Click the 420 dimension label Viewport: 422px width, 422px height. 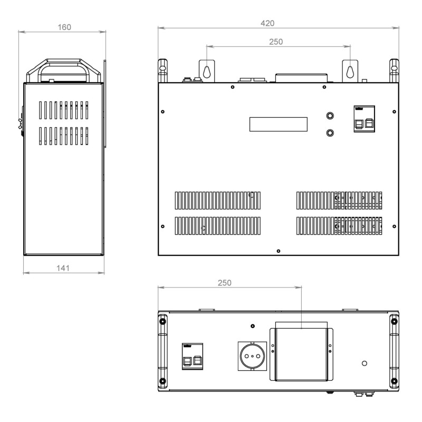click(x=267, y=23)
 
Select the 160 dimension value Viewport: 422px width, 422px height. click(x=64, y=27)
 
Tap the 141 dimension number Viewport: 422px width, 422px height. click(x=63, y=268)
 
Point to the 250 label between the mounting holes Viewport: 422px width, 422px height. click(x=276, y=42)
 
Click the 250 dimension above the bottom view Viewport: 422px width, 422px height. click(x=225, y=283)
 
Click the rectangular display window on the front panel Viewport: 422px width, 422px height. click(x=279, y=124)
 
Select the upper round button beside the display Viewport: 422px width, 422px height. click(x=330, y=116)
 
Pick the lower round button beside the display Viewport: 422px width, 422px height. click(x=330, y=133)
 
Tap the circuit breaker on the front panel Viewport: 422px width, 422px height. click(x=364, y=119)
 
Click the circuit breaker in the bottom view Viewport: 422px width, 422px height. click(x=193, y=357)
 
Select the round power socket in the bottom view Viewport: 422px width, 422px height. click(x=253, y=356)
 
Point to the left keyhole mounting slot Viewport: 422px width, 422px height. click(x=207, y=72)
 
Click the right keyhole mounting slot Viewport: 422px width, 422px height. click(x=350, y=72)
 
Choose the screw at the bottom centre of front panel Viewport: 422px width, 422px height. click(x=279, y=251)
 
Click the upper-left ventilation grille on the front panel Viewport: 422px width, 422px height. click(x=218, y=200)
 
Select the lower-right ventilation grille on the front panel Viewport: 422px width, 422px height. click(x=339, y=226)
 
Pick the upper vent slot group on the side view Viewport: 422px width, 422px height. click(x=63, y=110)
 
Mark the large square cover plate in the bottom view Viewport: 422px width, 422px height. click(x=301, y=354)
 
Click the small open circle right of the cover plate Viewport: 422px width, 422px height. click(x=365, y=363)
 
